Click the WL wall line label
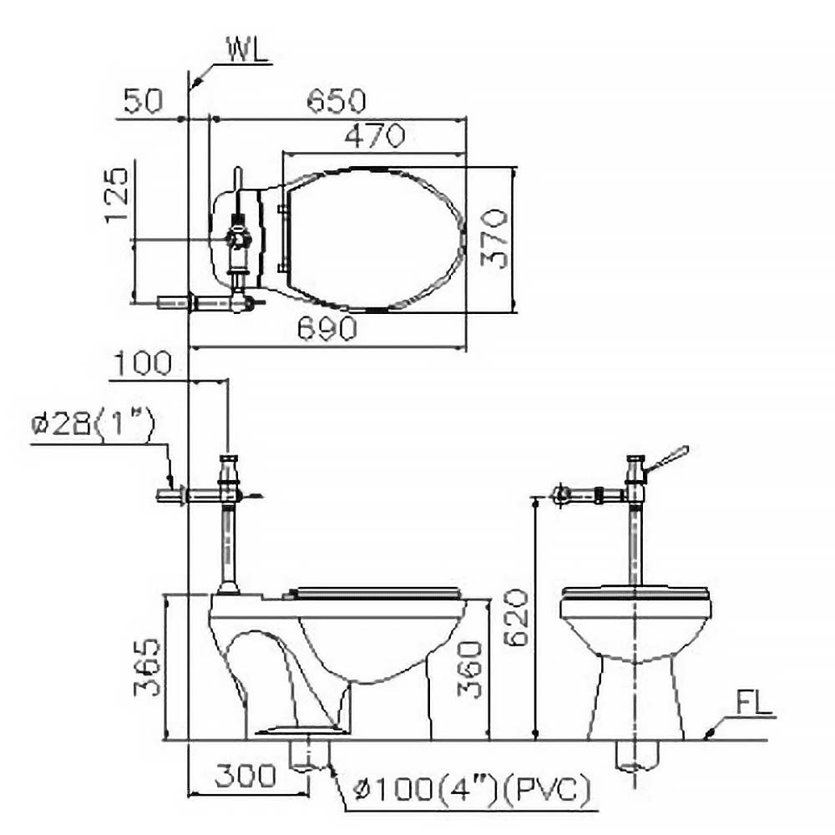[x=249, y=49]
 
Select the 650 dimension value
[x=337, y=100]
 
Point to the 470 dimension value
[x=375, y=136]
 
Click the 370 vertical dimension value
[x=494, y=238]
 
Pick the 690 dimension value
[x=327, y=328]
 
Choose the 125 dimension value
[x=117, y=195]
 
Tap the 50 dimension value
[x=143, y=100]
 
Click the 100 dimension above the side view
[x=143, y=363]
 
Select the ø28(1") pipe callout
[x=93, y=424]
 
